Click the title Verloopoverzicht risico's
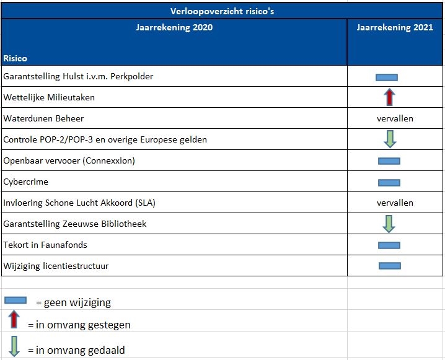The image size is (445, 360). [222, 10]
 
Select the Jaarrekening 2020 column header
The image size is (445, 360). [174, 28]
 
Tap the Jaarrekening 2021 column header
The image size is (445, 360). [395, 28]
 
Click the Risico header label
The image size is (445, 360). [15, 58]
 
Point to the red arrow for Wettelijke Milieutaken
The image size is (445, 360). [389, 97]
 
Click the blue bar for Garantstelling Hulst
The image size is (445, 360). [386, 77]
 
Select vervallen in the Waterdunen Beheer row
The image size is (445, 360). [395, 118]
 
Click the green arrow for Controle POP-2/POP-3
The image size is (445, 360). [389, 139]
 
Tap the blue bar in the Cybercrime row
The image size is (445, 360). [389, 183]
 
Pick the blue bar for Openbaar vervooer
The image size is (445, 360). [389, 161]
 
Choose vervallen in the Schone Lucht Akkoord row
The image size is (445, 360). [395, 203]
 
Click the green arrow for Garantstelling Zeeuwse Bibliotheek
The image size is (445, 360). [389, 223]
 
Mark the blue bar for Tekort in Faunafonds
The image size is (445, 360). [389, 245]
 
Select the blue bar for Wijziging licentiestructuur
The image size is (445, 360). [390, 266]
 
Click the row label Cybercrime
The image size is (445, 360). [25, 182]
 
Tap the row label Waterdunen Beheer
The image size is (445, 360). [43, 118]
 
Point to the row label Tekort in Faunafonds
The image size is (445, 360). [45, 245]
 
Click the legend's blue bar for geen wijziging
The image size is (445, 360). [15, 300]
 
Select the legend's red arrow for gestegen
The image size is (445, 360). [15, 320]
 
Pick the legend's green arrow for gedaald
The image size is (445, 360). [15, 346]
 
